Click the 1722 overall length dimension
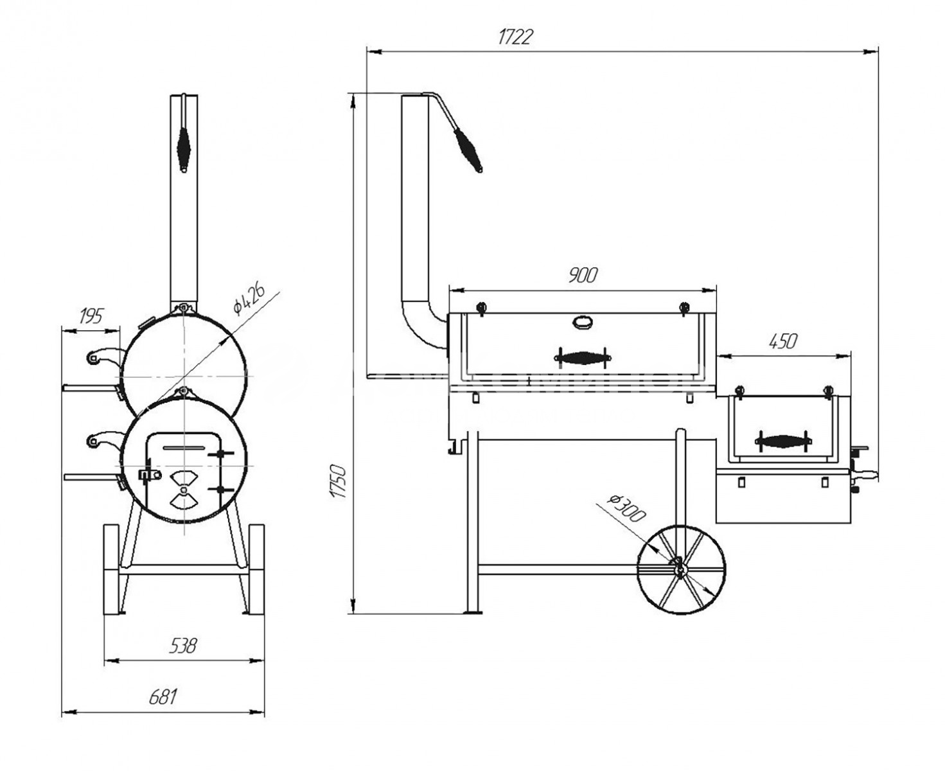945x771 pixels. [515, 37]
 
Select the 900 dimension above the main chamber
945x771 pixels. [583, 275]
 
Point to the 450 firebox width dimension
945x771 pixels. [783, 341]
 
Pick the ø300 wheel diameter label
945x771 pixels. [626, 508]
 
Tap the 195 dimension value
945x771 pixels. [91, 316]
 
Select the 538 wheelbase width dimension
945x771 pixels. [183, 646]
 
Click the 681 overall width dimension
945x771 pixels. [163, 697]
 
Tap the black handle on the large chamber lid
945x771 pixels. [583, 357]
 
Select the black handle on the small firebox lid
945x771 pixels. [782, 441]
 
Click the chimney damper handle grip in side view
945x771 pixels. [468, 150]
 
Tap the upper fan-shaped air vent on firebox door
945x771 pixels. [183, 478]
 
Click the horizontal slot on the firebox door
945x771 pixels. [183, 447]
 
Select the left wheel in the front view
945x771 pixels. [111, 569]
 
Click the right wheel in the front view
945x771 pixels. [256, 569]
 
